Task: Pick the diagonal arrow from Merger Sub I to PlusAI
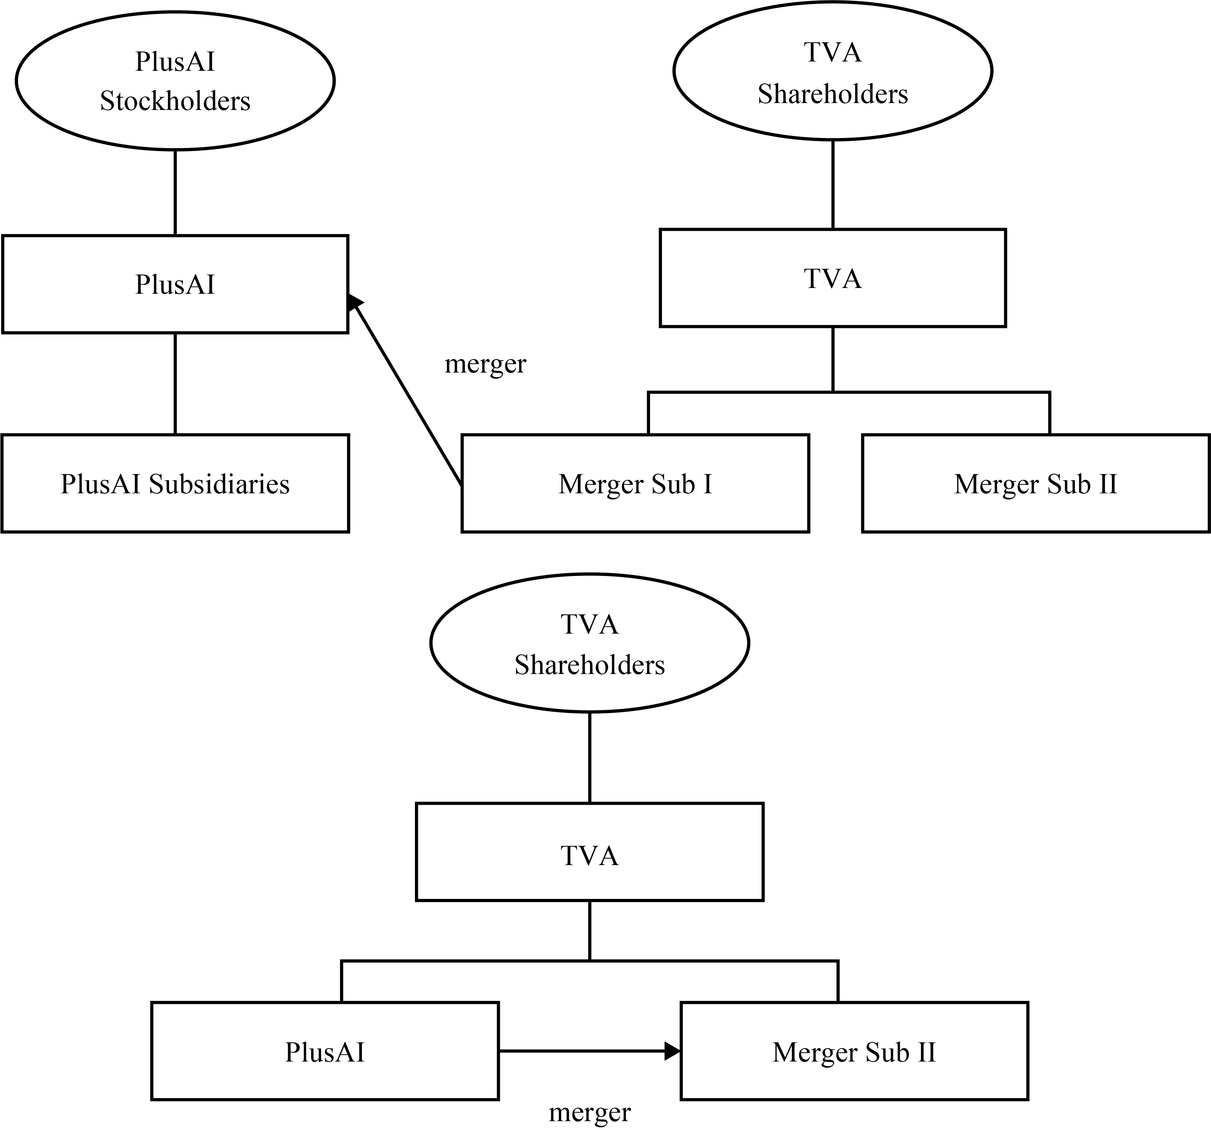point(405,390)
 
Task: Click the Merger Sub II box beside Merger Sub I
point(1035,483)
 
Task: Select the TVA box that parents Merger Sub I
point(833,278)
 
